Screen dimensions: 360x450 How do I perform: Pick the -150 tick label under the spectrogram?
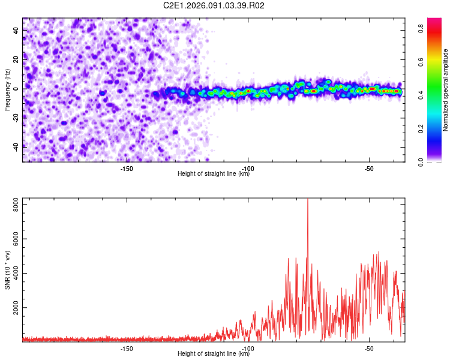[127, 168]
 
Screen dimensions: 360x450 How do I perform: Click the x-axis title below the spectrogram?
[214, 174]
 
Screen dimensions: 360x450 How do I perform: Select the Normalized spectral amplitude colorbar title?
[446, 90]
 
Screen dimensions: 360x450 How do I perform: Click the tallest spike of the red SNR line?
[308, 200]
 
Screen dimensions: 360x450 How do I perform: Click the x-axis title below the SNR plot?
[214, 354]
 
